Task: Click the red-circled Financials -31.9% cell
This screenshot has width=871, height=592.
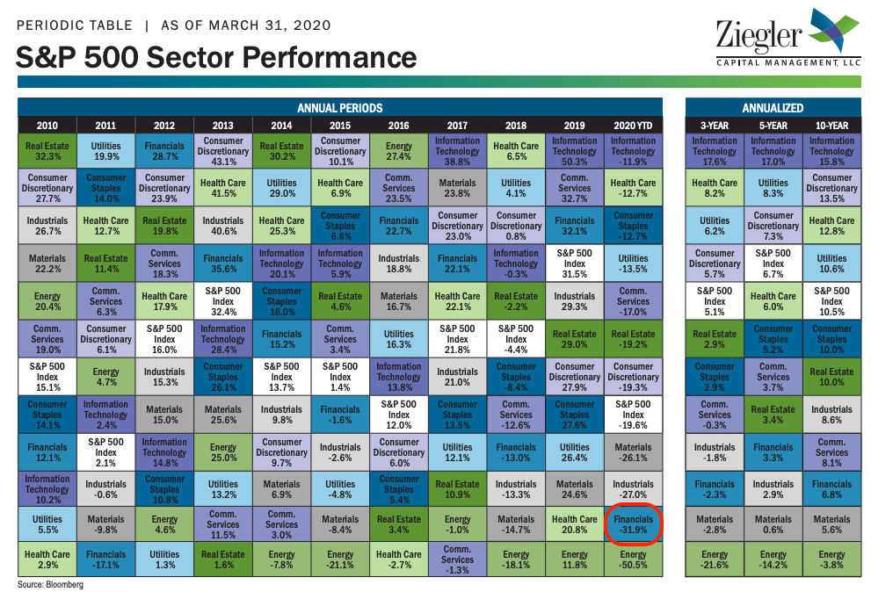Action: [633, 524]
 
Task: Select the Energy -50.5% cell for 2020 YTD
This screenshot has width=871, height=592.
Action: [633, 560]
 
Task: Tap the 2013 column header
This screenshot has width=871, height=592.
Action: [222, 126]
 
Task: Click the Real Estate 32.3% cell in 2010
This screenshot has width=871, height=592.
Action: [47, 151]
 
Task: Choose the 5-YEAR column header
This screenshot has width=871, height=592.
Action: [773, 126]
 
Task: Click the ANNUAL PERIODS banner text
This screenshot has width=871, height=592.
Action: [340, 108]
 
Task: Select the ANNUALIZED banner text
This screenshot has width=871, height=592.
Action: [773, 108]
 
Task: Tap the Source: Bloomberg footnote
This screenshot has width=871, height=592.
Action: [51, 584]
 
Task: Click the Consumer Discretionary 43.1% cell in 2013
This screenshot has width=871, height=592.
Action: [222, 151]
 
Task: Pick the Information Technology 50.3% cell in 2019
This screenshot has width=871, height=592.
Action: [575, 151]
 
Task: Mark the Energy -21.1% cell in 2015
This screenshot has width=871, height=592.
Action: [340, 560]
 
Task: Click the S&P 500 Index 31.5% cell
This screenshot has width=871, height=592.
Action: [575, 264]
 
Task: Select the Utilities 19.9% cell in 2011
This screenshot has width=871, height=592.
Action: [106, 151]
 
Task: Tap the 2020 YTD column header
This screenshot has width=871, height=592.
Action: [633, 126]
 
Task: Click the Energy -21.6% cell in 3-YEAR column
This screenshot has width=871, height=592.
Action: [715, 560]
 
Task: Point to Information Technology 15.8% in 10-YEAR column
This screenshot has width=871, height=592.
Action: [831, 151]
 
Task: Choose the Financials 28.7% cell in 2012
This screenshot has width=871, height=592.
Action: [164, 151]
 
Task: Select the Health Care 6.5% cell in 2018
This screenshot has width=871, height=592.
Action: [516, 151]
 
